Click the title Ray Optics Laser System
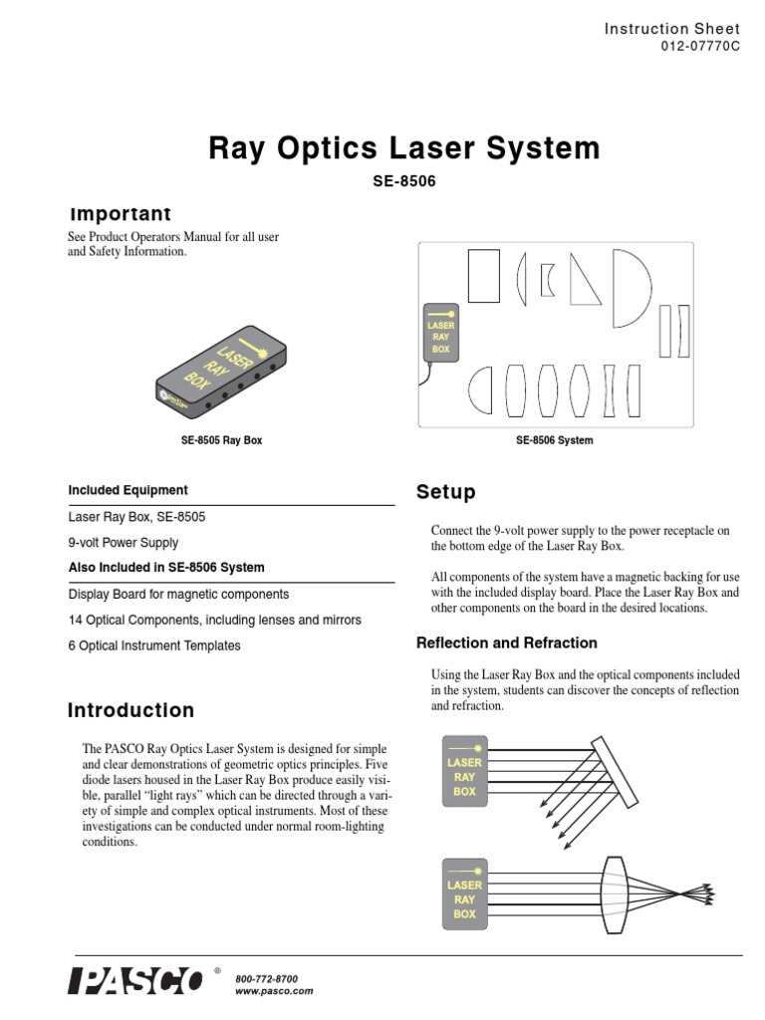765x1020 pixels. [x=403, y=148]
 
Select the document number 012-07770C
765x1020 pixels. [x=701, y=47]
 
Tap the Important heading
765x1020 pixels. [x=120, y=214]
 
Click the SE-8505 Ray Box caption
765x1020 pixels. [x=221, y=440]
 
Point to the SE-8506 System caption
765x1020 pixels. [x=554, y=440]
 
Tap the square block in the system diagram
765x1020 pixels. [x=483, y=275]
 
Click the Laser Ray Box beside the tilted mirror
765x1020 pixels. [x=464, y=776]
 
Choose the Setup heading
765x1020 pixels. [x=445, y=492]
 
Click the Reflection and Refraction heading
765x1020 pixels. [x=506, y=642]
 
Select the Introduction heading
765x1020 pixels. [x=130, y=710]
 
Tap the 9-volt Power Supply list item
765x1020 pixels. [x=124, y=543]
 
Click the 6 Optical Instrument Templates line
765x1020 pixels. [x=154, y=645]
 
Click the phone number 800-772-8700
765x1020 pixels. [x=266, y=979]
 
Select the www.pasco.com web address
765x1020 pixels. [x=274, y=992]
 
